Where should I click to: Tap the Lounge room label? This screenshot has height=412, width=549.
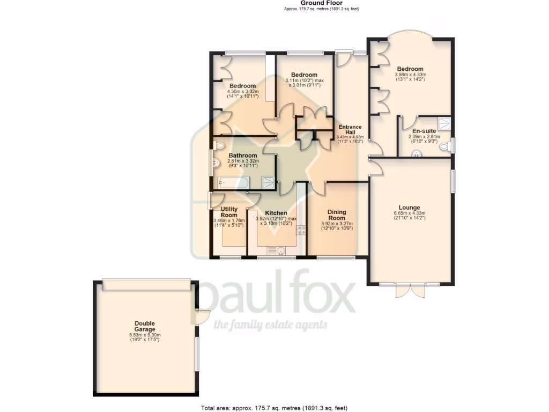click(409, 208)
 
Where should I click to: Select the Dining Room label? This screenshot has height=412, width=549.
click(337, 215)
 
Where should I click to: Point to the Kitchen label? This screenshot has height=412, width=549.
click(276, 213)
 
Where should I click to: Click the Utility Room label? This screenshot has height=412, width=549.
click(229, 212)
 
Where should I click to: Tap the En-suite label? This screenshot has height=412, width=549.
click(424, 131)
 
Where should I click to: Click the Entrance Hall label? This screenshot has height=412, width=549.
click(350, 129)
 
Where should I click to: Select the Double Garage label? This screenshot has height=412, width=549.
click(145, 326)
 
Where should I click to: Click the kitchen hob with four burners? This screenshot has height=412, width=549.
click(301, 231)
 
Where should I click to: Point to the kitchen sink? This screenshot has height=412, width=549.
click(275, 251)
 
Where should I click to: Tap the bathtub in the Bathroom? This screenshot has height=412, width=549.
click(231, 183)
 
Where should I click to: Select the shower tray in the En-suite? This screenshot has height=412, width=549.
click(444, 124)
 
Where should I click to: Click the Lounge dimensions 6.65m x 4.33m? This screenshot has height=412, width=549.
click(409, 214)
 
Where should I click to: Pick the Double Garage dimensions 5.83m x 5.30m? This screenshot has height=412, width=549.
click(145, 336)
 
